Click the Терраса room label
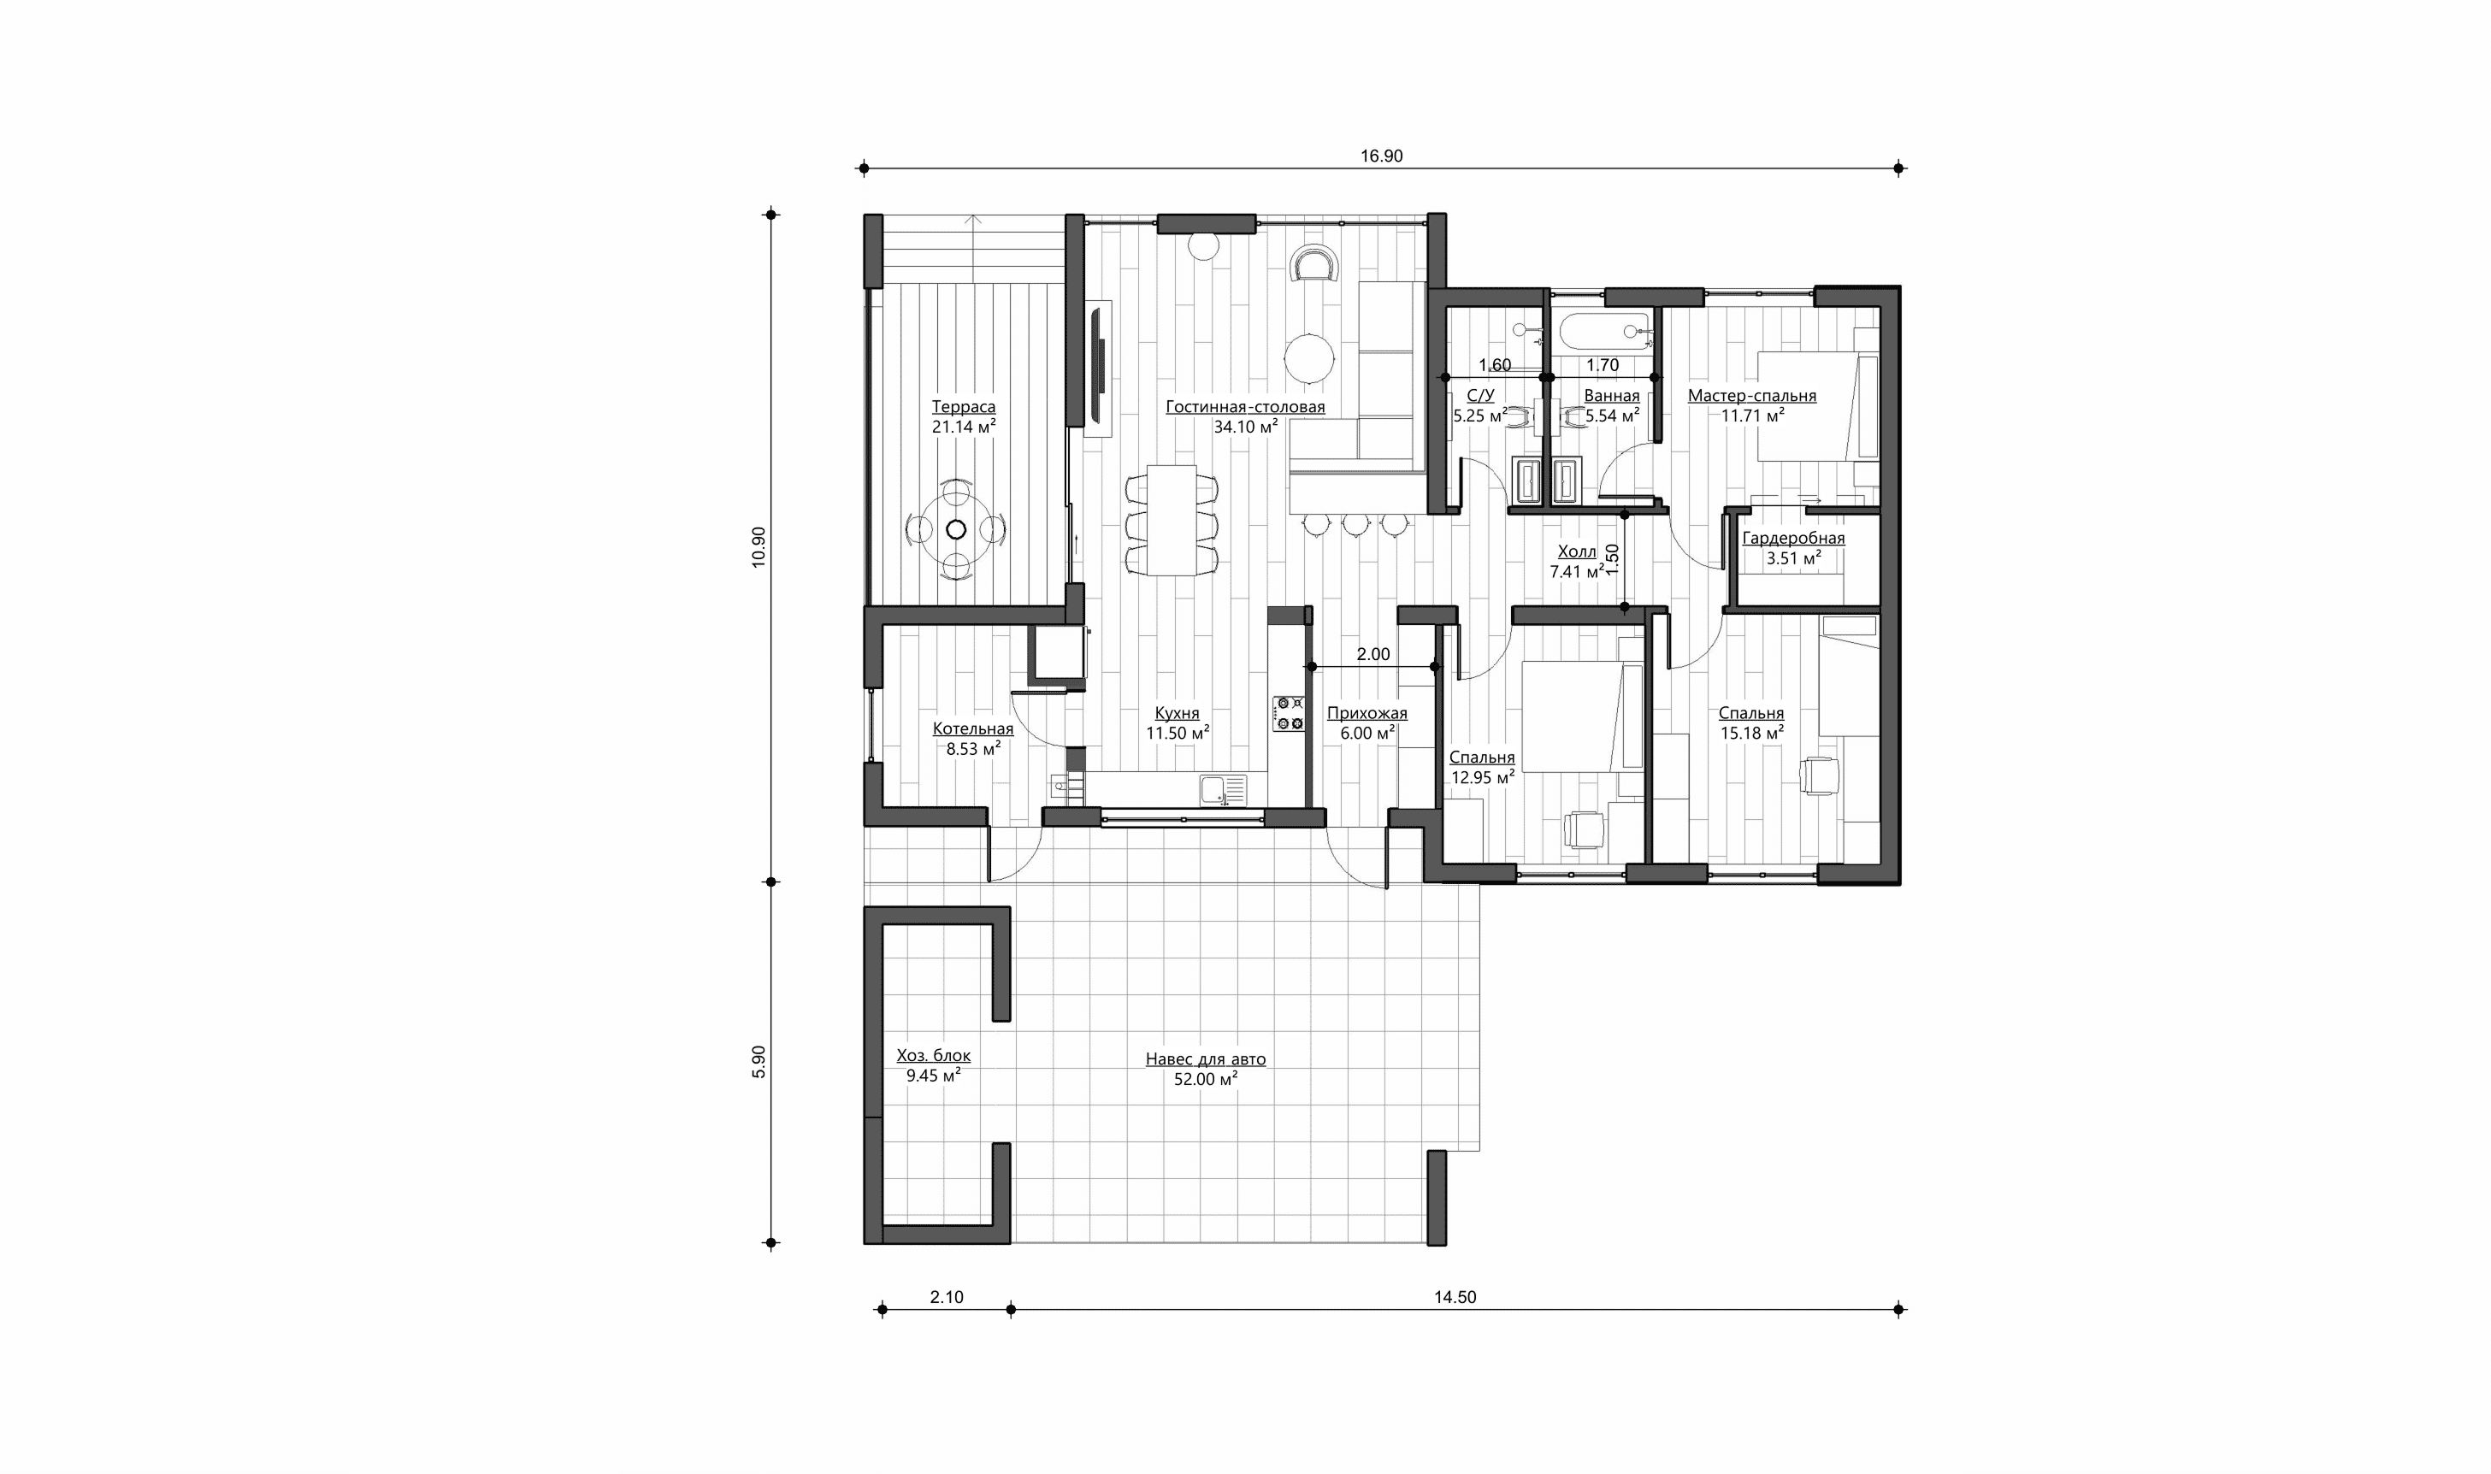tap(964, 406)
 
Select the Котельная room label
tap(973, 729)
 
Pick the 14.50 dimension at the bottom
tap(1455, 1297)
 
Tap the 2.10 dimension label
tap(947, 1297)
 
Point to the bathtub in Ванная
tap(1604, 332)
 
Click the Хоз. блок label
tap(934, 1056)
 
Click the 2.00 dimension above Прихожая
tap(1373, 655)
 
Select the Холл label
tap(1577, 552)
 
